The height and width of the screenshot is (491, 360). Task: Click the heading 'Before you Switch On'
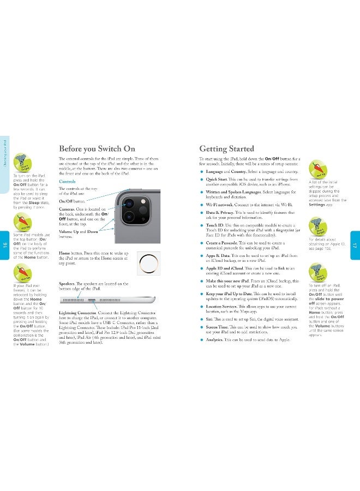coord(97,148)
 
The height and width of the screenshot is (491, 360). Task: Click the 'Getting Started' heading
coord(226,148)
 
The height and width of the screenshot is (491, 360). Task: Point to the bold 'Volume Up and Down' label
coord(79,231)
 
